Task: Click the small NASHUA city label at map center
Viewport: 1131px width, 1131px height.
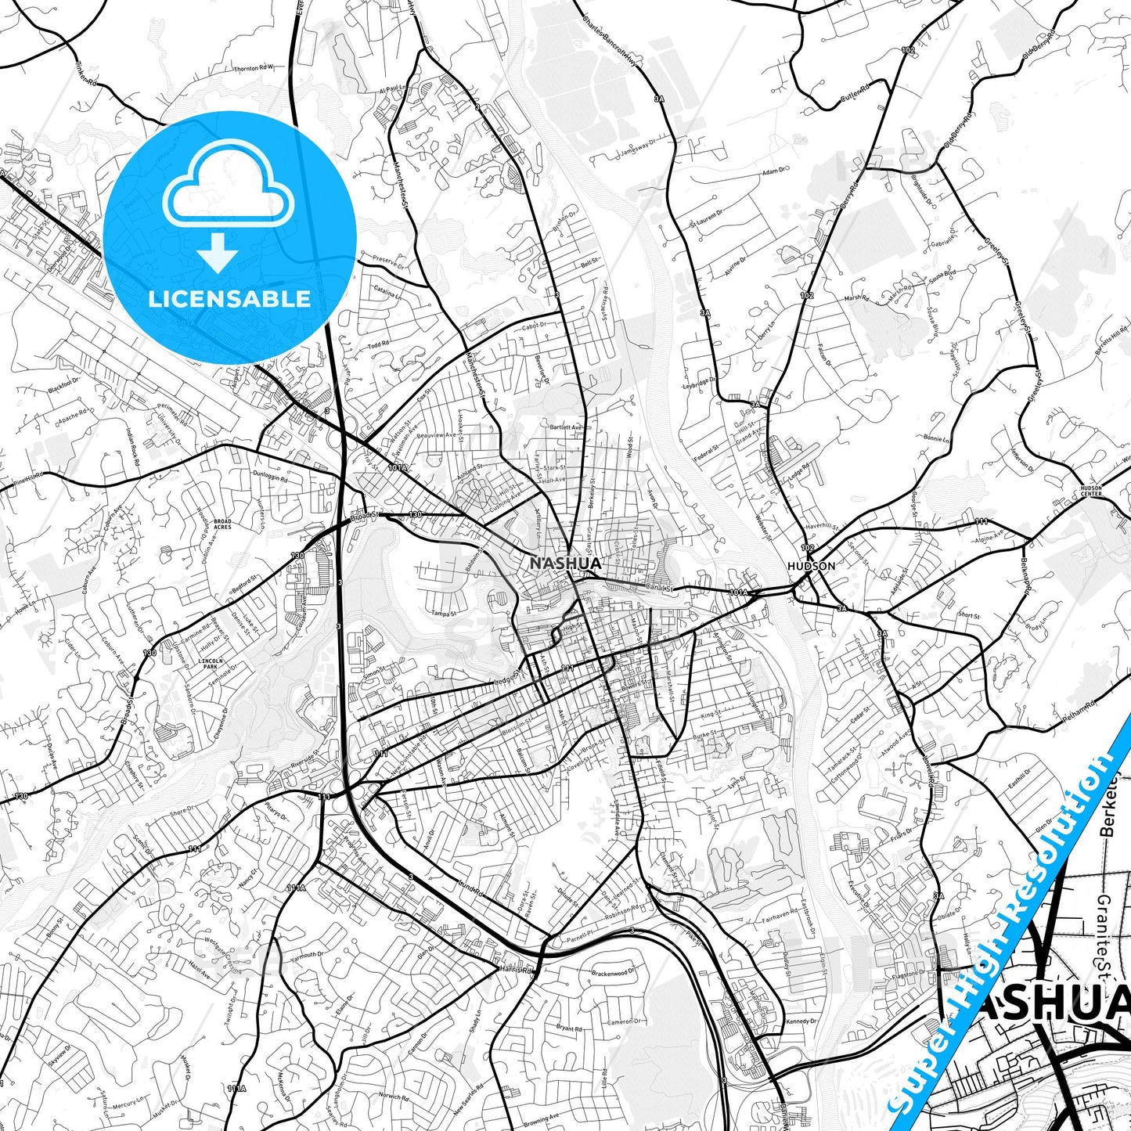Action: point(565,564)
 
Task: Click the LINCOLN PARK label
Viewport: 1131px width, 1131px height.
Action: point(212,663)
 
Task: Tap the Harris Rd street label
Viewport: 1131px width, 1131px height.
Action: point(517,970)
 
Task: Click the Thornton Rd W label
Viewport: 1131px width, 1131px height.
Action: point(254,68)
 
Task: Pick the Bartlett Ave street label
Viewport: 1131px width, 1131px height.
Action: point(567,427)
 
